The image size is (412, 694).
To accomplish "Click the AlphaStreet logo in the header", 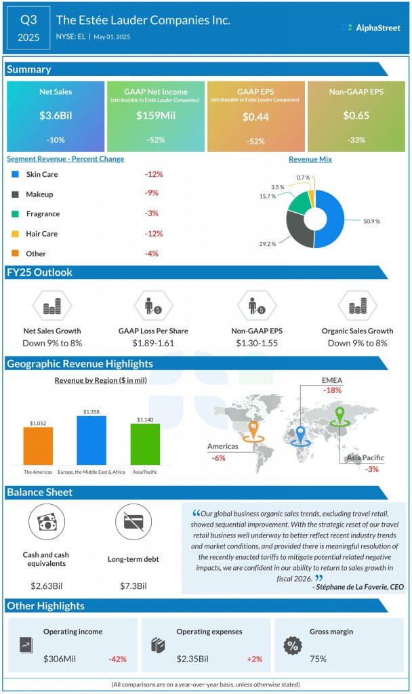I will tap(371, 28).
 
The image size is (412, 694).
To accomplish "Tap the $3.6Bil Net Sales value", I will tap(56, 116).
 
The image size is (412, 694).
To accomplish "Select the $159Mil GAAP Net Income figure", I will tap(155, 116).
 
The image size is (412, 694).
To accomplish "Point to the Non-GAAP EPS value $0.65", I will tap(356, 116).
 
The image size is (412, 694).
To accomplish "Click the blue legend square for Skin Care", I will tap(16, 175).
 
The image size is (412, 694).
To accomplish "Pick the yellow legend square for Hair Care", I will tap(16, 234).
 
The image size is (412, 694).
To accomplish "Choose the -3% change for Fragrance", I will tap(151, 213).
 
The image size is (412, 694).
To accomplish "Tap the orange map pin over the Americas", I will tap(253, 430).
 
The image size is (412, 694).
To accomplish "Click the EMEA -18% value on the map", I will tap(332, 390).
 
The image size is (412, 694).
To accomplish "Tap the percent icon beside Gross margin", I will tap(293, 645).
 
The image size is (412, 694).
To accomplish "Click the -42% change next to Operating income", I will tap(117, 659).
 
